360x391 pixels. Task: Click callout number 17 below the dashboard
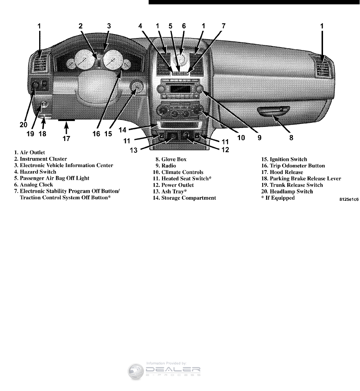tap(66, 138)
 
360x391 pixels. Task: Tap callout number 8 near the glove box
tap(291, 138)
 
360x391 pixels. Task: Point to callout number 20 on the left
tap(23, 125)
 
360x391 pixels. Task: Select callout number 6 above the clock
tap(184, 26)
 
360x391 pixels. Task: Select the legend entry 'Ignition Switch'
tap(284, 159)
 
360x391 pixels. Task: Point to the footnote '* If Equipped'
tap(278, 198)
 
